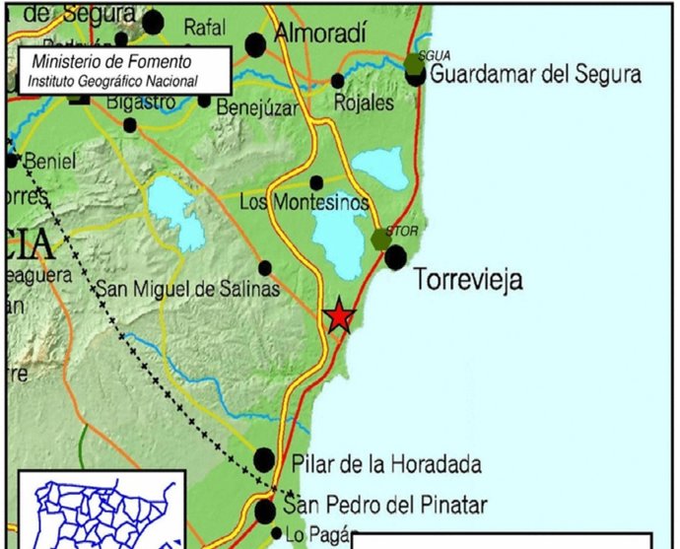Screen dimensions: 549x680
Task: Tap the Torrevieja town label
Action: click(468, 280)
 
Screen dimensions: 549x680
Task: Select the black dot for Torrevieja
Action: click(395, 258)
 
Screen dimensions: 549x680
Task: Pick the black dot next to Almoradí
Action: click(255, 43)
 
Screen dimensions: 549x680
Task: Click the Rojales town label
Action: click(364, 103)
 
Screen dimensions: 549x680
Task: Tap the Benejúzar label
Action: click(255, 108)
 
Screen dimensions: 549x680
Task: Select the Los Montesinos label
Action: click(305, 203)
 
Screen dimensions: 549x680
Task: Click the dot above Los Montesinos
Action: click(316, 182)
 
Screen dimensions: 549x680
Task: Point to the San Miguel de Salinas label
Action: click(187, 290)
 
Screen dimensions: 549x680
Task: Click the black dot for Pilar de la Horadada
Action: click(264, 459)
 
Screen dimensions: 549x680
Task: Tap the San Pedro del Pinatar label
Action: click(385, 507)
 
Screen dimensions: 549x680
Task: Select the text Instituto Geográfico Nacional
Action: click(113, 81)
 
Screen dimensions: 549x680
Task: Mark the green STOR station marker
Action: click(381, 239)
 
